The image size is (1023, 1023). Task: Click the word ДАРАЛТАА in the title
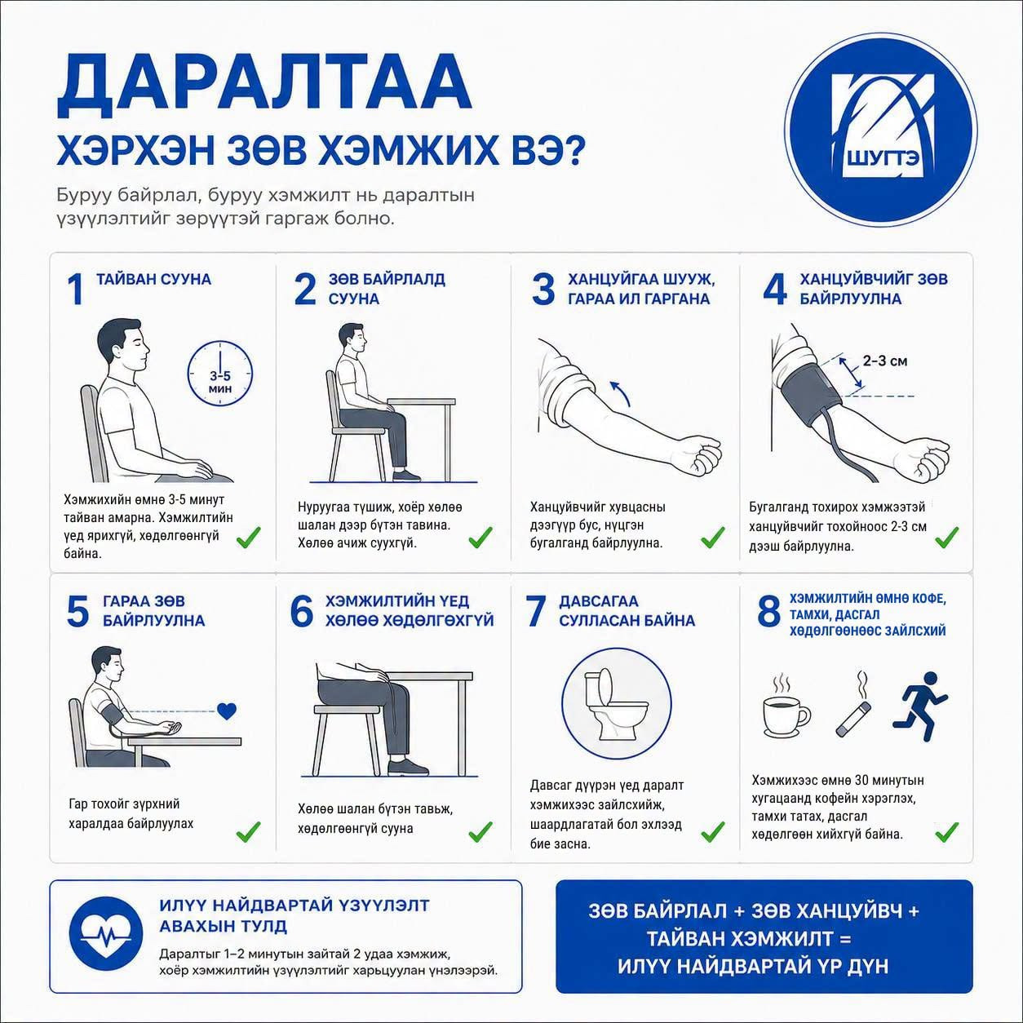(263, 86)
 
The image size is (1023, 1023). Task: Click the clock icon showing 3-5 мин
(219, 374)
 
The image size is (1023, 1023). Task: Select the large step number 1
(76, 290)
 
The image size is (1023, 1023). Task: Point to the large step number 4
(774, 290)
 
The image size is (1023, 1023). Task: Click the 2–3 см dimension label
(885, 361)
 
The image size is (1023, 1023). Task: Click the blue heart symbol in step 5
(227, 711)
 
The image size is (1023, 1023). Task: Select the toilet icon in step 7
(617, 705)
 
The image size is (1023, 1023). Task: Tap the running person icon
(920, 706)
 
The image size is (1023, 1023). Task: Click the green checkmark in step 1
(248, 538)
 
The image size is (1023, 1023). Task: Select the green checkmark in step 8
(946, 831)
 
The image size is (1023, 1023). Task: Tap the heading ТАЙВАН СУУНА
(154, 279)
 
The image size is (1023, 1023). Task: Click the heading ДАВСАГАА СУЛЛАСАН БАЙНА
(627, 610)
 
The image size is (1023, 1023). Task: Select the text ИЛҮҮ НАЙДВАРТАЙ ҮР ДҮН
(753, 966)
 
